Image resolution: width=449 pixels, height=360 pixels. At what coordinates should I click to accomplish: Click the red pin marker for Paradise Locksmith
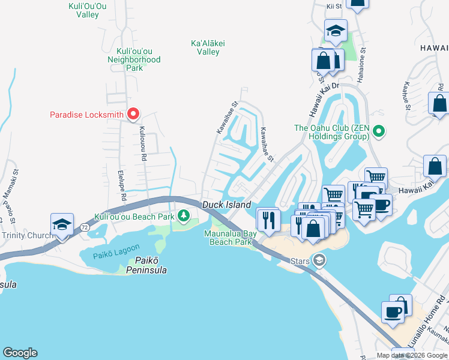tap(133, 113)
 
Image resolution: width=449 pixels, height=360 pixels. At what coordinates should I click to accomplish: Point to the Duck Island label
tap(226, 205)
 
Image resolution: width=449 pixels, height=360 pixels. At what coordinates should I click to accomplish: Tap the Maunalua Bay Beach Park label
tap(230, 238)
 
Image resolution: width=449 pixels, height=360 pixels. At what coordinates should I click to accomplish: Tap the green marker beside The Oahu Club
tap(378, 130)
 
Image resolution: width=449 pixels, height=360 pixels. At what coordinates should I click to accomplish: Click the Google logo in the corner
tap(20, 353)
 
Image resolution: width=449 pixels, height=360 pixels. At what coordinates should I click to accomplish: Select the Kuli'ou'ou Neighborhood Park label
tap(134, 59)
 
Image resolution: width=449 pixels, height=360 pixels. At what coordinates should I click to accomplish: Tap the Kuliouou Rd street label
tap(143, 144)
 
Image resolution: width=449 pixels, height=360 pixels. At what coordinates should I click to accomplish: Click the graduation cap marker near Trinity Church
tap(62, 224)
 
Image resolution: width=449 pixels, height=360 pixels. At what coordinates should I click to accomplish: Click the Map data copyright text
tap(412, 355)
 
